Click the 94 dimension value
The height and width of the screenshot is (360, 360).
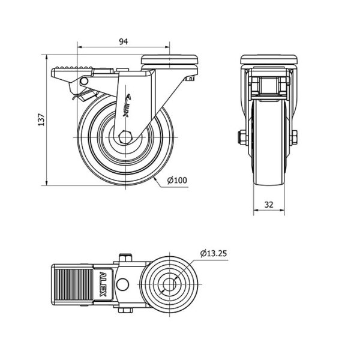(124, 41)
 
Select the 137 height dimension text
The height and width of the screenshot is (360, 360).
(41, 119)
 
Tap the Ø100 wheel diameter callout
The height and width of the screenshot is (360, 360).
(177, 180)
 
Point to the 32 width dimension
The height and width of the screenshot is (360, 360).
(269, 205)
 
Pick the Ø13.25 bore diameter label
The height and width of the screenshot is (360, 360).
(214, 253)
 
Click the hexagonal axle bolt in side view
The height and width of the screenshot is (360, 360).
(125, 137)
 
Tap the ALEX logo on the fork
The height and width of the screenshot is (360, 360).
(127, 106)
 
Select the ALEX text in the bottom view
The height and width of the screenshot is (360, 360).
(103, 284)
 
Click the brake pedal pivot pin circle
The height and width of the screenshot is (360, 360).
(84, 81)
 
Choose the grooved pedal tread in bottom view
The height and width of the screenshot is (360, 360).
(74, 284)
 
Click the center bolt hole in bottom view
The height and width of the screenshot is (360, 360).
(169, 284)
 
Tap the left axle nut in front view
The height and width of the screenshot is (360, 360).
(243, 137)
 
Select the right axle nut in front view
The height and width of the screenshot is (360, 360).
(294, 137)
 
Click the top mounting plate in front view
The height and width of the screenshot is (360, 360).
(269, 59)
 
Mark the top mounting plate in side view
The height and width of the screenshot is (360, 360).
(169, 59)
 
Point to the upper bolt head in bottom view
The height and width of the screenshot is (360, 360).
(125, 257)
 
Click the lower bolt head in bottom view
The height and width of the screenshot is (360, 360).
(125, 311)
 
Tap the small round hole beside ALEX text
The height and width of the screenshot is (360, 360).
(122, 284)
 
